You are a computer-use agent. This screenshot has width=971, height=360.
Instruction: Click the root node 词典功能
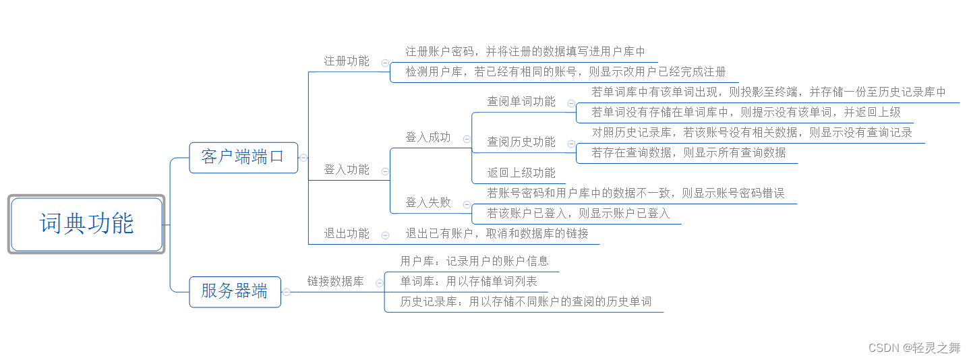[86, 224]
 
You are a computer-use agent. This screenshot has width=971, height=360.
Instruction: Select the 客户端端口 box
[243, 157]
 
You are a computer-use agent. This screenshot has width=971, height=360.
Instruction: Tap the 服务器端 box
[234, 291]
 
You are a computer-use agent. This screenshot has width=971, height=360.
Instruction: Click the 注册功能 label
[347, 61]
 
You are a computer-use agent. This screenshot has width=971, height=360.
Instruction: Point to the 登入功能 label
[347, 170]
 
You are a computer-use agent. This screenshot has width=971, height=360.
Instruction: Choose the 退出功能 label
[347, 234]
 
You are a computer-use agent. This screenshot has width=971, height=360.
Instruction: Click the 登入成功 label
[428, 138]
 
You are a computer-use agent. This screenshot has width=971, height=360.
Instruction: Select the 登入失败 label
[428, 203]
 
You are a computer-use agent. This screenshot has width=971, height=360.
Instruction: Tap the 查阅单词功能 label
[521, 102]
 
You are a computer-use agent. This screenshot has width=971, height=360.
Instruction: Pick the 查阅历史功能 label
[521, 142]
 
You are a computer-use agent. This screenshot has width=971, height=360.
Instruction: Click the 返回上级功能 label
[521, 173]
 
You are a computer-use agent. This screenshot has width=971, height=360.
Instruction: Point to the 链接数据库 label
[335, 282]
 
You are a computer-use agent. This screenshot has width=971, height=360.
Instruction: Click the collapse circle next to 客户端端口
[304, 158]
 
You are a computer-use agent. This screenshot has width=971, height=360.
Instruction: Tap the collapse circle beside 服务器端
[287, 292]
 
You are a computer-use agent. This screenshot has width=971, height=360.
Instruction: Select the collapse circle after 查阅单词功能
[571, 104]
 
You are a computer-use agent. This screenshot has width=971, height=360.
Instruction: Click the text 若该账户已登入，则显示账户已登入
[579, 214]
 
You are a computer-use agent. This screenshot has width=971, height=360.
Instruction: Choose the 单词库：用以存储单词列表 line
[469, 282]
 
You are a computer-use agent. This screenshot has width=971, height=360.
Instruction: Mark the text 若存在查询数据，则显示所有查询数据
[688, 153]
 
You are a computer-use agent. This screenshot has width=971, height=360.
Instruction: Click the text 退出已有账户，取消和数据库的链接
[497, 234]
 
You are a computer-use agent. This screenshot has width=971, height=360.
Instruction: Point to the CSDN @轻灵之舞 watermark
[914, 348]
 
